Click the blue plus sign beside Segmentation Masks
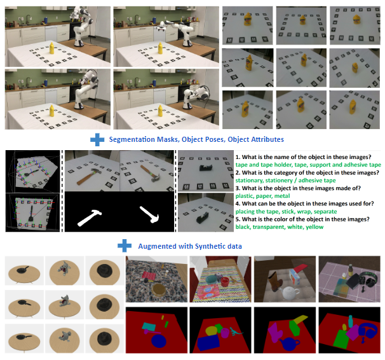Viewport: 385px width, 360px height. coord(97,139)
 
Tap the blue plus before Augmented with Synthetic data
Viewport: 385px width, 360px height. coord(125,246)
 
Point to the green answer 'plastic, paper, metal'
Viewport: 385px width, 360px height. coord(262,196)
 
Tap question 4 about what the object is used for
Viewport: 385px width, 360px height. coord(305,204)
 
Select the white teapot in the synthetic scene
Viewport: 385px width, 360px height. coord(291,292)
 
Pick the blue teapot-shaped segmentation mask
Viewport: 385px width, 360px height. coord(290,343)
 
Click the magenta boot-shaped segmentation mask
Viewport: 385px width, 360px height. coord(276,332)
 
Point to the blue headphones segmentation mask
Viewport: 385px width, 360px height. coord(368,331)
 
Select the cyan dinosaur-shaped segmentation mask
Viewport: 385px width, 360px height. coord(236,331)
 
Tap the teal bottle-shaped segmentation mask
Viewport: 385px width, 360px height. coord(351,321)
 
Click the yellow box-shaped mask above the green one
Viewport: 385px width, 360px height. coord(299,319)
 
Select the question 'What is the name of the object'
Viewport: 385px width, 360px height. coord(304,157)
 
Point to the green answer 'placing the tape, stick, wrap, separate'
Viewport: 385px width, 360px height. coord(286,211)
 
